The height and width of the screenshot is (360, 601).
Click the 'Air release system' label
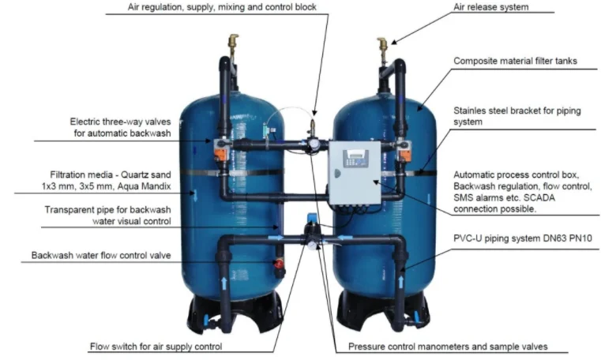tap(491, 7)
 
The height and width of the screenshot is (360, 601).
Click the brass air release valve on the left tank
tap(232, 42)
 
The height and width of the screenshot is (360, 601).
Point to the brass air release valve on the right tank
tap(382, 45)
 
